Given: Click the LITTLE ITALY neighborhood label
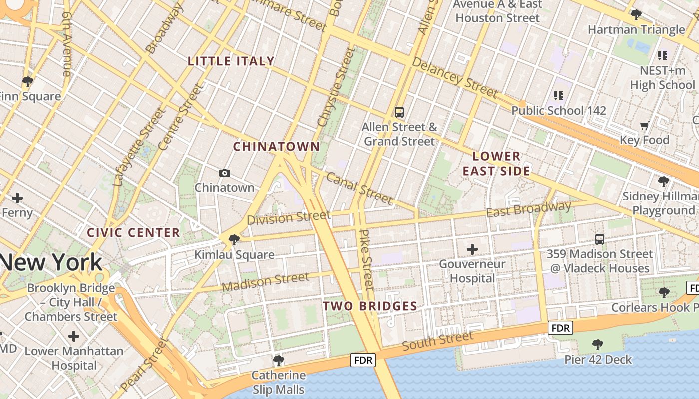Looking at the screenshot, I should pyautogui.click(x=231, y=61).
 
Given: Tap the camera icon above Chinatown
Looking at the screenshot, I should pyautogui.click(x=225, y=173).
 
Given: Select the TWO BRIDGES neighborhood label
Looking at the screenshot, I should pyautogui.click(x=369, y=306).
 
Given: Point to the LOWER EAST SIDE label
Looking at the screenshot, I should pyautogui.click(x=496, y=164).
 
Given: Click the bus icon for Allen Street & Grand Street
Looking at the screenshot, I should pyautogui.click(x=399, y=112).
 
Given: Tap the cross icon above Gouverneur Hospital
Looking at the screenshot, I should pyautogui.click(x=472, y=249).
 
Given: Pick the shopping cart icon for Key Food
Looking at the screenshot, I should pyautogui.click(x=644, y=125).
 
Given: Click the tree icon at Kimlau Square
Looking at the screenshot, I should pyautogui.click(x=234, y=240).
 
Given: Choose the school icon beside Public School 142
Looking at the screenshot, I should pyautogui.click(x=558, y=95).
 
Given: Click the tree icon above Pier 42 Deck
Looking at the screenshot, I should pyautogui.click(x=597, y=344).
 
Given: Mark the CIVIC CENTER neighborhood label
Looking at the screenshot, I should pyautogui.click(x=133, y=233).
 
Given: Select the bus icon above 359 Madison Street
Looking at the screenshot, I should pyautogui.click(x=599, y=239).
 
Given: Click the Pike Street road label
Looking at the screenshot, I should pyautogui.click(x=367, y=259).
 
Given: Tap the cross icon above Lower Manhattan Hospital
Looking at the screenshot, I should pyautogui.click(x=74, y=336).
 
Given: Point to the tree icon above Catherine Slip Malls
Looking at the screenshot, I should pyautogui.click(x=279, y=360).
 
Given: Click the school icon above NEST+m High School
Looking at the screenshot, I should pyautogui.click(x=662, y=56).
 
